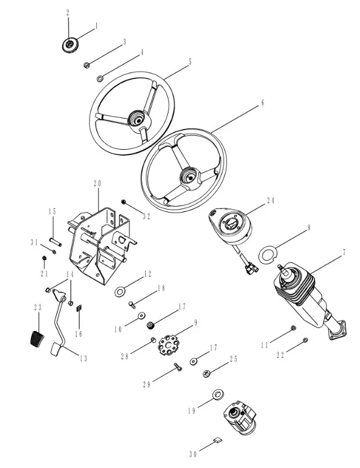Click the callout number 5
tap(190, 60)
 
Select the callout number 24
tap(270, 201)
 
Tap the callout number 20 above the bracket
tap(98, 183)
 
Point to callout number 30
tap(194, 453)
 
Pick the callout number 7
tap(344, 252)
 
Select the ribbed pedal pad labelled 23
tap(36, 337)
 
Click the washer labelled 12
tap(121, 290)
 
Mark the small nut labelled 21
tap(44, 258)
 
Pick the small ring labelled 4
tap(100, 77)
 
